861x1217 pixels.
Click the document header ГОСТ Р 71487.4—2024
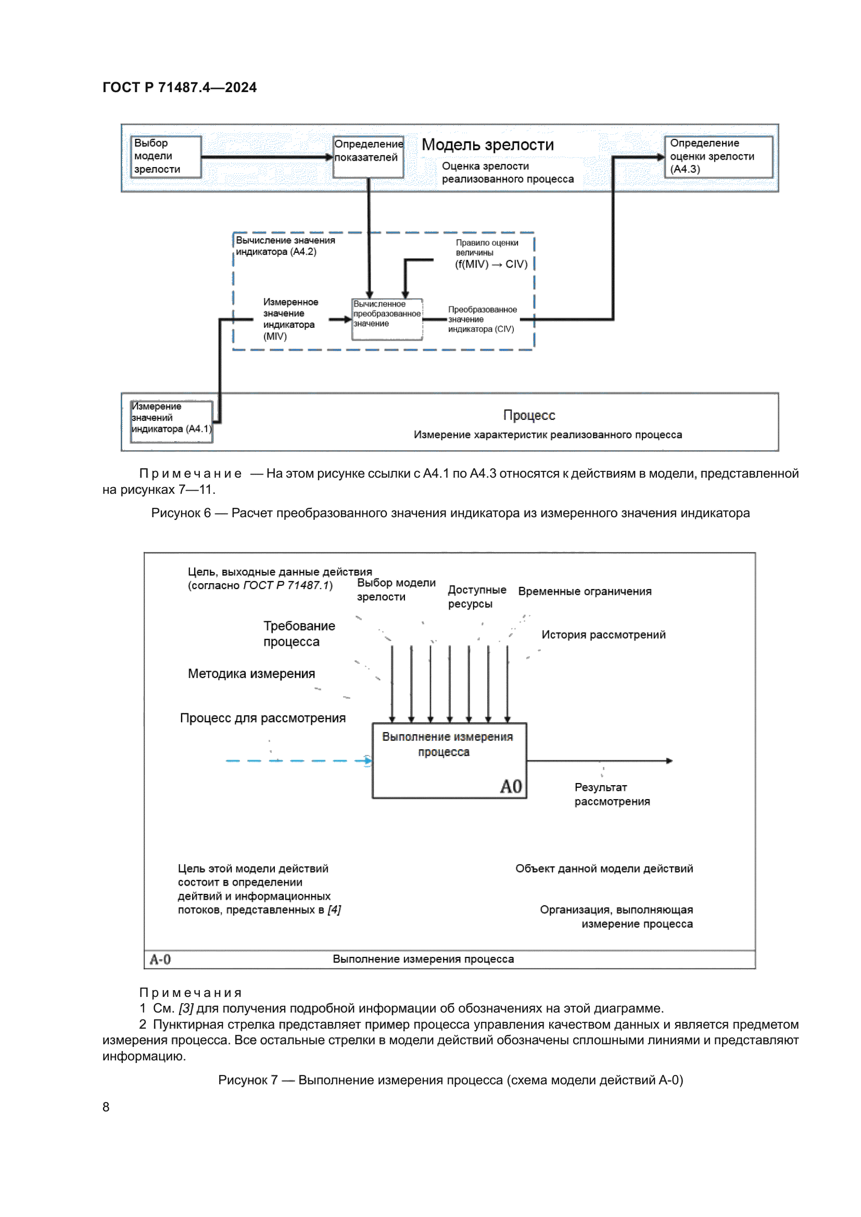tap(179, 87)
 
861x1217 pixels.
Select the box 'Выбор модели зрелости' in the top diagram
tap(166, 157)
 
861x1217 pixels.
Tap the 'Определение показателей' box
tap(368, 157)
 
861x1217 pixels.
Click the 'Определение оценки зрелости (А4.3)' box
tap(718, 157)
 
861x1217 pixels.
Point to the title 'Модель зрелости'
tap(487, 145)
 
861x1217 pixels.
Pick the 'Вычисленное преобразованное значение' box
tap(387, 319)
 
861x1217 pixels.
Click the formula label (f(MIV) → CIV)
tap(491, 264)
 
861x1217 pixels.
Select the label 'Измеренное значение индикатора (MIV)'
tap(290, 318)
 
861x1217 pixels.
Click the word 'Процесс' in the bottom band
tap(528, 415)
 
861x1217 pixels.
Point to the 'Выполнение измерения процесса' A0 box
tap(449, 760)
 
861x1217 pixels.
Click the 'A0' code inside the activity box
tap(511, 786)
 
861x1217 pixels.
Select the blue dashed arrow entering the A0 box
tap(297, 761)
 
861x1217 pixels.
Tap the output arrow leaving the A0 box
tap(599, 761)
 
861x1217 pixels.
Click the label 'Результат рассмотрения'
tap(611, 794)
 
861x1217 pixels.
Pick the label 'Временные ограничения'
tap(584, 591)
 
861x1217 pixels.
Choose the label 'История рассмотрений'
tap(603, 634)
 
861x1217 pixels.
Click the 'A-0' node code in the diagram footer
tap(160, 959)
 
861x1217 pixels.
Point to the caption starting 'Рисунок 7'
tap(450, 1080)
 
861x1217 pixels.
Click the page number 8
tap(106, 1107)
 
